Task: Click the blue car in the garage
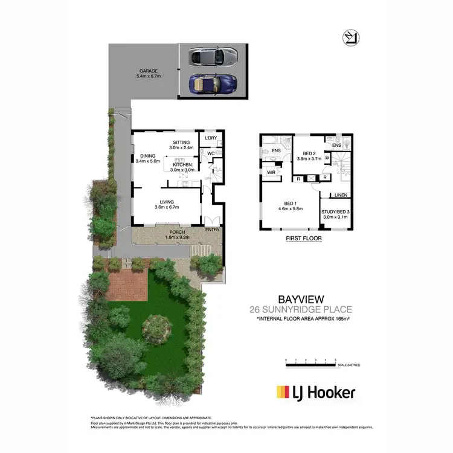pyautogui.click(x=212, y=84)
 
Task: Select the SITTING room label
pyautogui.click(x=181, y=143)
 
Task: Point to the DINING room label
pyautogui.click(x=147, y=155)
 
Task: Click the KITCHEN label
pyautogui.click(x=182, y=165)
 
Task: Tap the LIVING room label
pyautogui.click(x=167, y=202)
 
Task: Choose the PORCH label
pyautogui.click(x=176, y=233)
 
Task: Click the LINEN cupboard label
pyautogui.click(x=340, y=195)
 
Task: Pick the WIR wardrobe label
pyautogui.click(x=271, y=172)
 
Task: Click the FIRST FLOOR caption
pyautogui.click(x=303, y=239)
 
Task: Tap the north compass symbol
pyautogui.click(x=349, y=37)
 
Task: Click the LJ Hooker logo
pyautogui.click(x=315, y=393)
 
